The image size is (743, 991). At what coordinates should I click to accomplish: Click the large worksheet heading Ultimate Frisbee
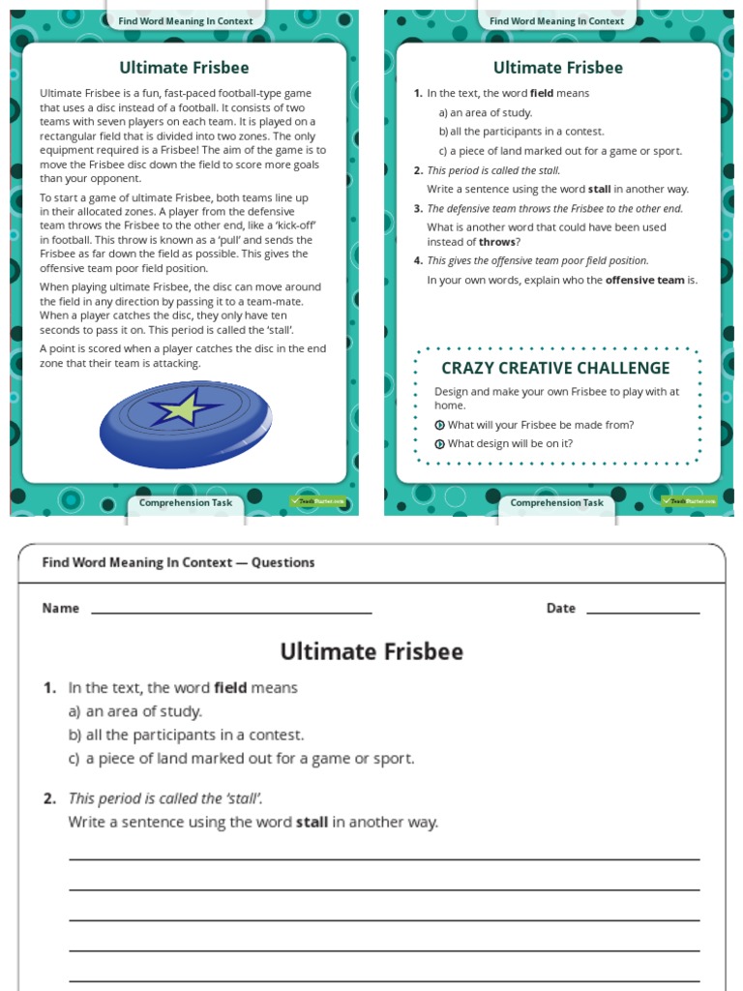[x=371, y=651]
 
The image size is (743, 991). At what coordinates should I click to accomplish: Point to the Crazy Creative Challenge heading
[x=555, y=368]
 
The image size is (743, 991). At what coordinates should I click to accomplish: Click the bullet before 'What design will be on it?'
[x=439, y=444]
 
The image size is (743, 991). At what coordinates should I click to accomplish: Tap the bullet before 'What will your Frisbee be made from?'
[x=439, y=425]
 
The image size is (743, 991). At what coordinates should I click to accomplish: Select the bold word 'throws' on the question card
[x=496, y=242]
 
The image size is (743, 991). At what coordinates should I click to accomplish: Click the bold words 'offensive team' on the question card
[x=644, y=281]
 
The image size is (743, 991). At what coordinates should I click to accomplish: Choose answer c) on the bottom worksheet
[x=241, y=759]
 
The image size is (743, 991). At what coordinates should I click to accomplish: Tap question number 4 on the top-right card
[x=418, y=261]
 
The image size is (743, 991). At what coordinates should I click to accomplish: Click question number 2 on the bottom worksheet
[x=49, y=799]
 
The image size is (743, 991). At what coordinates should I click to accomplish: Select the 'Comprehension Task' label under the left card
[x=186, y=503]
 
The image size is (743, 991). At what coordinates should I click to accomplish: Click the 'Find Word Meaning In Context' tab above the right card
[x=556, y=20]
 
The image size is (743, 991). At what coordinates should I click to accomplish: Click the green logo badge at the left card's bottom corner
[x=317, y=501]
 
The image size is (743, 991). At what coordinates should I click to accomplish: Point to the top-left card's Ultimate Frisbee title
[x=184, y=68]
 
